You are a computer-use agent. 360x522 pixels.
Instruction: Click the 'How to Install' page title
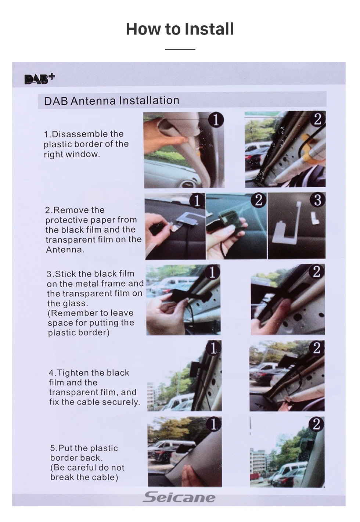[180, 29]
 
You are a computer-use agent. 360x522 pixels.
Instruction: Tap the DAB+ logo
[40, 79]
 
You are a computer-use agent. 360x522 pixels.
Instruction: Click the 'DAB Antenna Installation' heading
[112, 101]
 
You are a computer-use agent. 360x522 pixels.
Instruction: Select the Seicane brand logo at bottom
[179, 497]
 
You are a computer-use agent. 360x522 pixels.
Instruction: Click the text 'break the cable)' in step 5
[84, 477]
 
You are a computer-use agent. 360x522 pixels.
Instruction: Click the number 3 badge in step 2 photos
[318, 200]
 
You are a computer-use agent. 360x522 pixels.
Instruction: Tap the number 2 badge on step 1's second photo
[318, 119]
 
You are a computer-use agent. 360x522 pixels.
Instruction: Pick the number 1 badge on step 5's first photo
[213, 424]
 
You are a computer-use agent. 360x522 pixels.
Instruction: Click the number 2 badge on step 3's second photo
[316, 272]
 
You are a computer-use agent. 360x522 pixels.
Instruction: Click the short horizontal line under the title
[180, 49]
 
